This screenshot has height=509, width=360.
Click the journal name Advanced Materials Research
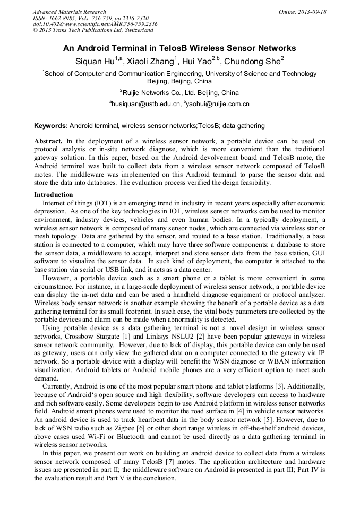click(x=69, y=12)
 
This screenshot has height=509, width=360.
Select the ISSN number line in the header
click(x=90, y=18)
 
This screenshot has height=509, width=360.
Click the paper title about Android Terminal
click(x=179, y=48)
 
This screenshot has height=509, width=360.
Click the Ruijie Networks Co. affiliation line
click(x=179, y=92)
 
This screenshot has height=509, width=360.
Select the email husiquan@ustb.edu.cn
click(x=145, y=104)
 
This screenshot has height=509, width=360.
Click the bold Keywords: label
click(x=50, y=126)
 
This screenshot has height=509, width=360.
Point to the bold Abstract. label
click(x=48, y=141)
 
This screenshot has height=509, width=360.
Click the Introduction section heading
click(x=54, y=195)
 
